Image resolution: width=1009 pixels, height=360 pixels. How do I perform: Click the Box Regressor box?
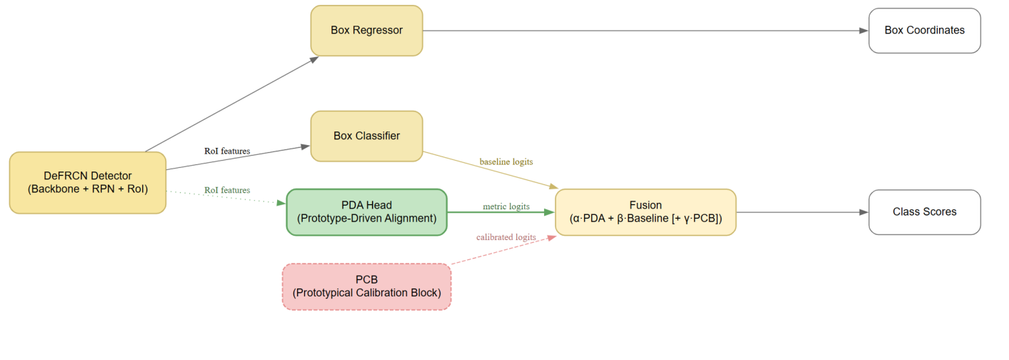pyautogui.click(x=366, y=30)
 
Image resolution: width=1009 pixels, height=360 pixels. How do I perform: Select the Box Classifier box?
pyautogui.click(x=366, y=136)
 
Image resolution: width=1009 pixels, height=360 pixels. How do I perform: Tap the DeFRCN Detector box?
pyautogui.click(x=87, y=182)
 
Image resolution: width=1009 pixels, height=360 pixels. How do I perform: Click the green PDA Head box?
pyautogui.click(x=366, y=211)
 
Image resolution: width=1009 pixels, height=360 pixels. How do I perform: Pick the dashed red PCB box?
pyautogui.click(x=366, y=286)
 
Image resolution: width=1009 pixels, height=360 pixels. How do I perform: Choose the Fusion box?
pyautogui.click(x=645, y=212)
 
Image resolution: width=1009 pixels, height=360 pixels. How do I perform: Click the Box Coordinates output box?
pyautogui.click(x=924, y=30)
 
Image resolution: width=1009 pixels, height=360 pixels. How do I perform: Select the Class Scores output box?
pyautogui.click(x=924, y=212)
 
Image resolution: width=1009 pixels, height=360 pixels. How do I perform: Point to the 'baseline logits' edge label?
pyautogui.click(x=506, y=162)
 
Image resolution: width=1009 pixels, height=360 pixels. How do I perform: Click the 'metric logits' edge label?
pyautogui.click(x=506, y=206)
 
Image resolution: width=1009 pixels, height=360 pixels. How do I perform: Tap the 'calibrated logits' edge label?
pyautogui.click(x=506, y=237)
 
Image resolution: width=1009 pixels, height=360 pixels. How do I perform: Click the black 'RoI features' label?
pyautogui.click(x=227, y=151)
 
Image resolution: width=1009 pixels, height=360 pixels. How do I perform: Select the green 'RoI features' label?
pyautogui.click(x=227, y=190)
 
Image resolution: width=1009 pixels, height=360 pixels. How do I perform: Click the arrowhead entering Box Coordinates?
pyautogui.click(x=863, y=31)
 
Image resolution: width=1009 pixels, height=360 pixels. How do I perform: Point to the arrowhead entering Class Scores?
pyautogui.click(x=863, y=212)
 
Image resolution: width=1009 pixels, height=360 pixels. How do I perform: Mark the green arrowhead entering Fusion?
pyautogui.click(x=549, y=212)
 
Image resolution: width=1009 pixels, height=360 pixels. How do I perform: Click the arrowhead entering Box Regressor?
pyautogui.click(x=313, y=59)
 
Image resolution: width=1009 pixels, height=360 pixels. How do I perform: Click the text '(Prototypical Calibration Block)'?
pyautogui.click(x=366, y=293)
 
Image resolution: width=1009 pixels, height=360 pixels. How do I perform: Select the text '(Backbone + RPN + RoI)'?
pyautogui.click(x=87, y=189)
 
